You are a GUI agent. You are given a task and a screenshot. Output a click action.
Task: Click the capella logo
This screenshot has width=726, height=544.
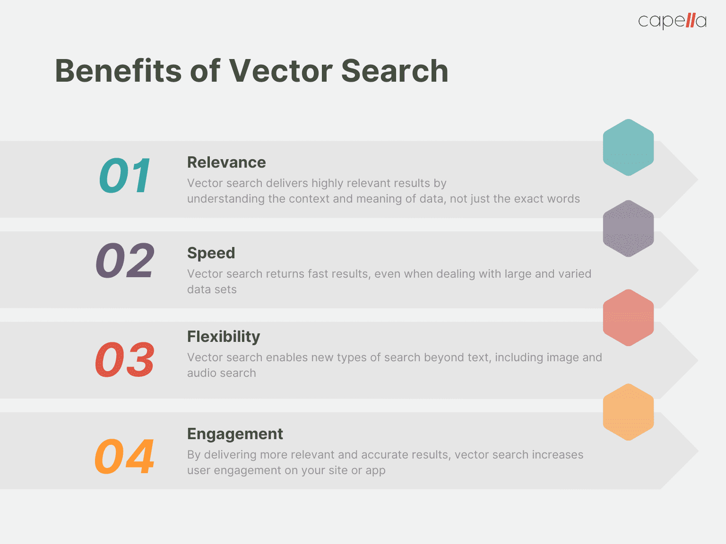672,21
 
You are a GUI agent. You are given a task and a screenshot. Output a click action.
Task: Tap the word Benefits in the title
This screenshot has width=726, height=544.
118,71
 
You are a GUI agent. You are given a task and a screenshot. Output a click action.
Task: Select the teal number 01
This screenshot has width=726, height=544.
125,176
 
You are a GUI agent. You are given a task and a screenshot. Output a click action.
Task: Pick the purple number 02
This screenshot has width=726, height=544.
125,260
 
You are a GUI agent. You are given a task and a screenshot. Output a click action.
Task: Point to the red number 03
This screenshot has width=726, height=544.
125,360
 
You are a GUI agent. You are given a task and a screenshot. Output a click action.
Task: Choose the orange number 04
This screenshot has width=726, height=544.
125,457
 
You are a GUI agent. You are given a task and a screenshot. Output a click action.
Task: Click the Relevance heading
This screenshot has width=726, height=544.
226,162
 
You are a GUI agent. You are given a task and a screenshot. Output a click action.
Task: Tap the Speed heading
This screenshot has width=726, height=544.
211,253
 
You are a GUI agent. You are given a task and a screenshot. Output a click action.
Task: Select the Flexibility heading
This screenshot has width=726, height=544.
224,337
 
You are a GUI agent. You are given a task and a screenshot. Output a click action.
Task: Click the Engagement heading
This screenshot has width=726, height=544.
235,434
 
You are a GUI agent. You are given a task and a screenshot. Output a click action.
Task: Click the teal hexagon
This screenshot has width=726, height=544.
628,147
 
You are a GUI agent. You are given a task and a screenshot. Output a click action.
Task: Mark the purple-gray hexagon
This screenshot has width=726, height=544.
628,229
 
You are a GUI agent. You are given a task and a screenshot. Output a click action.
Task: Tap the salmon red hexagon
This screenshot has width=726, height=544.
628,317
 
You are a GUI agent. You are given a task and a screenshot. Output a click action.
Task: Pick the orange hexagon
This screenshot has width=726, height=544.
628,412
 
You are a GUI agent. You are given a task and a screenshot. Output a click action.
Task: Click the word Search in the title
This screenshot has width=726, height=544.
395,71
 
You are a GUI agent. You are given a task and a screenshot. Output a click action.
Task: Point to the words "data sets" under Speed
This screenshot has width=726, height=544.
212,289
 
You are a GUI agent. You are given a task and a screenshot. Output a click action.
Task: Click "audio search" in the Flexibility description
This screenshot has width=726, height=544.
221,373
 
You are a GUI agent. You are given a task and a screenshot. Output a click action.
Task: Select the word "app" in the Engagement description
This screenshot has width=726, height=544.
375,471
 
